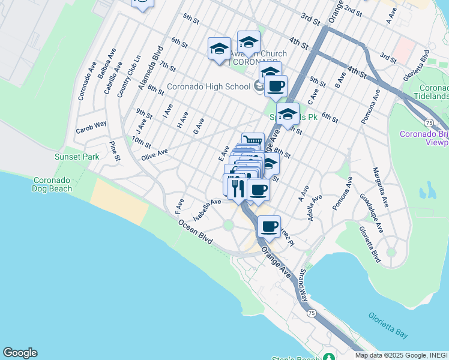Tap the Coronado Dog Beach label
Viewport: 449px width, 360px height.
(52, 184)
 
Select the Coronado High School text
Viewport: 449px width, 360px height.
(208, 87)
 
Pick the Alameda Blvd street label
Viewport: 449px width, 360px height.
(151, 67)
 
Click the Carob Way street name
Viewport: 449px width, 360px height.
(91, 127)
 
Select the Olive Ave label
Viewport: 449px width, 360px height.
(154, 155)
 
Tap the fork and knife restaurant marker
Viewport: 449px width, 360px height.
(238, 187)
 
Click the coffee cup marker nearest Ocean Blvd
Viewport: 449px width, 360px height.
(270, 227)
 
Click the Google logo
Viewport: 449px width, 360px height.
(20, 353)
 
